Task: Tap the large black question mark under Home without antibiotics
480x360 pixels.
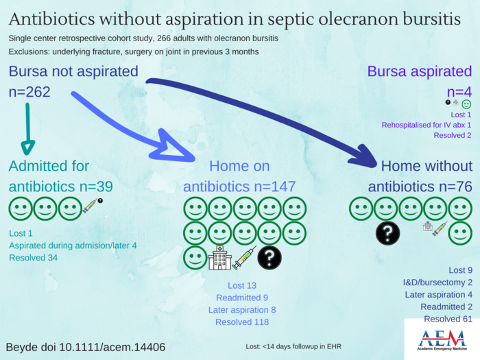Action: tap(387, 233)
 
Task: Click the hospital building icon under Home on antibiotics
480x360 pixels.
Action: tap(219, 258)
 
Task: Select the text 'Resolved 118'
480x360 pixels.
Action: tap(242, 322)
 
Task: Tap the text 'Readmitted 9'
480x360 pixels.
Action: tap(242, 298)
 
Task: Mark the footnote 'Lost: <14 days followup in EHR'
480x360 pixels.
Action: tap(299, 347)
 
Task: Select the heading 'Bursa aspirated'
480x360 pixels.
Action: tap(420, 71)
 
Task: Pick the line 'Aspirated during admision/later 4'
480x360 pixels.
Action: tap(73, 245)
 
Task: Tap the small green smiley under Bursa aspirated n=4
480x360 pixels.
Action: tap(467, 104)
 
